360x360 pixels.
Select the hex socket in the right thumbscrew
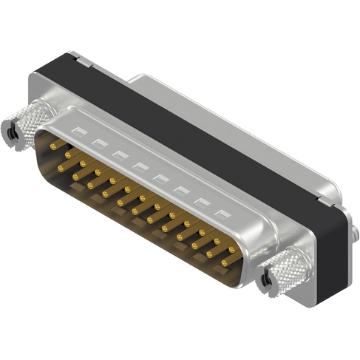(266, 282)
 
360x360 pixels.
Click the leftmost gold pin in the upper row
(54, 146)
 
